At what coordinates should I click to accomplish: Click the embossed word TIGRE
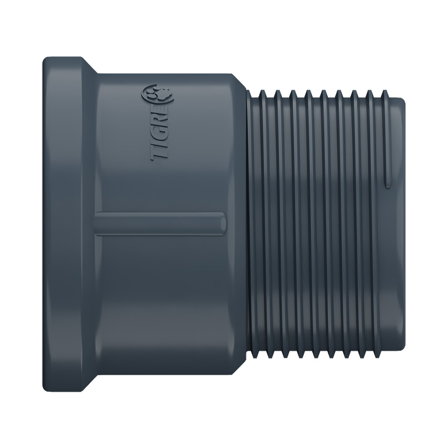point(161,131)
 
